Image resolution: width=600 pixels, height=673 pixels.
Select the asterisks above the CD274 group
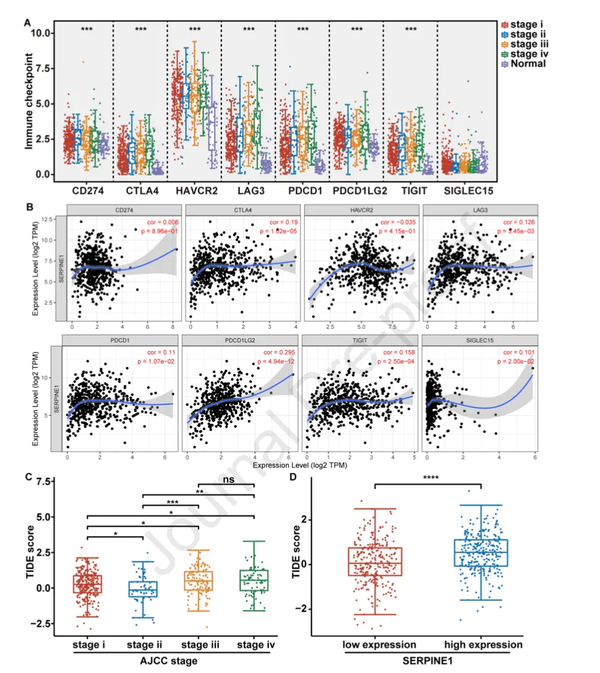[x=86, y=29]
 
